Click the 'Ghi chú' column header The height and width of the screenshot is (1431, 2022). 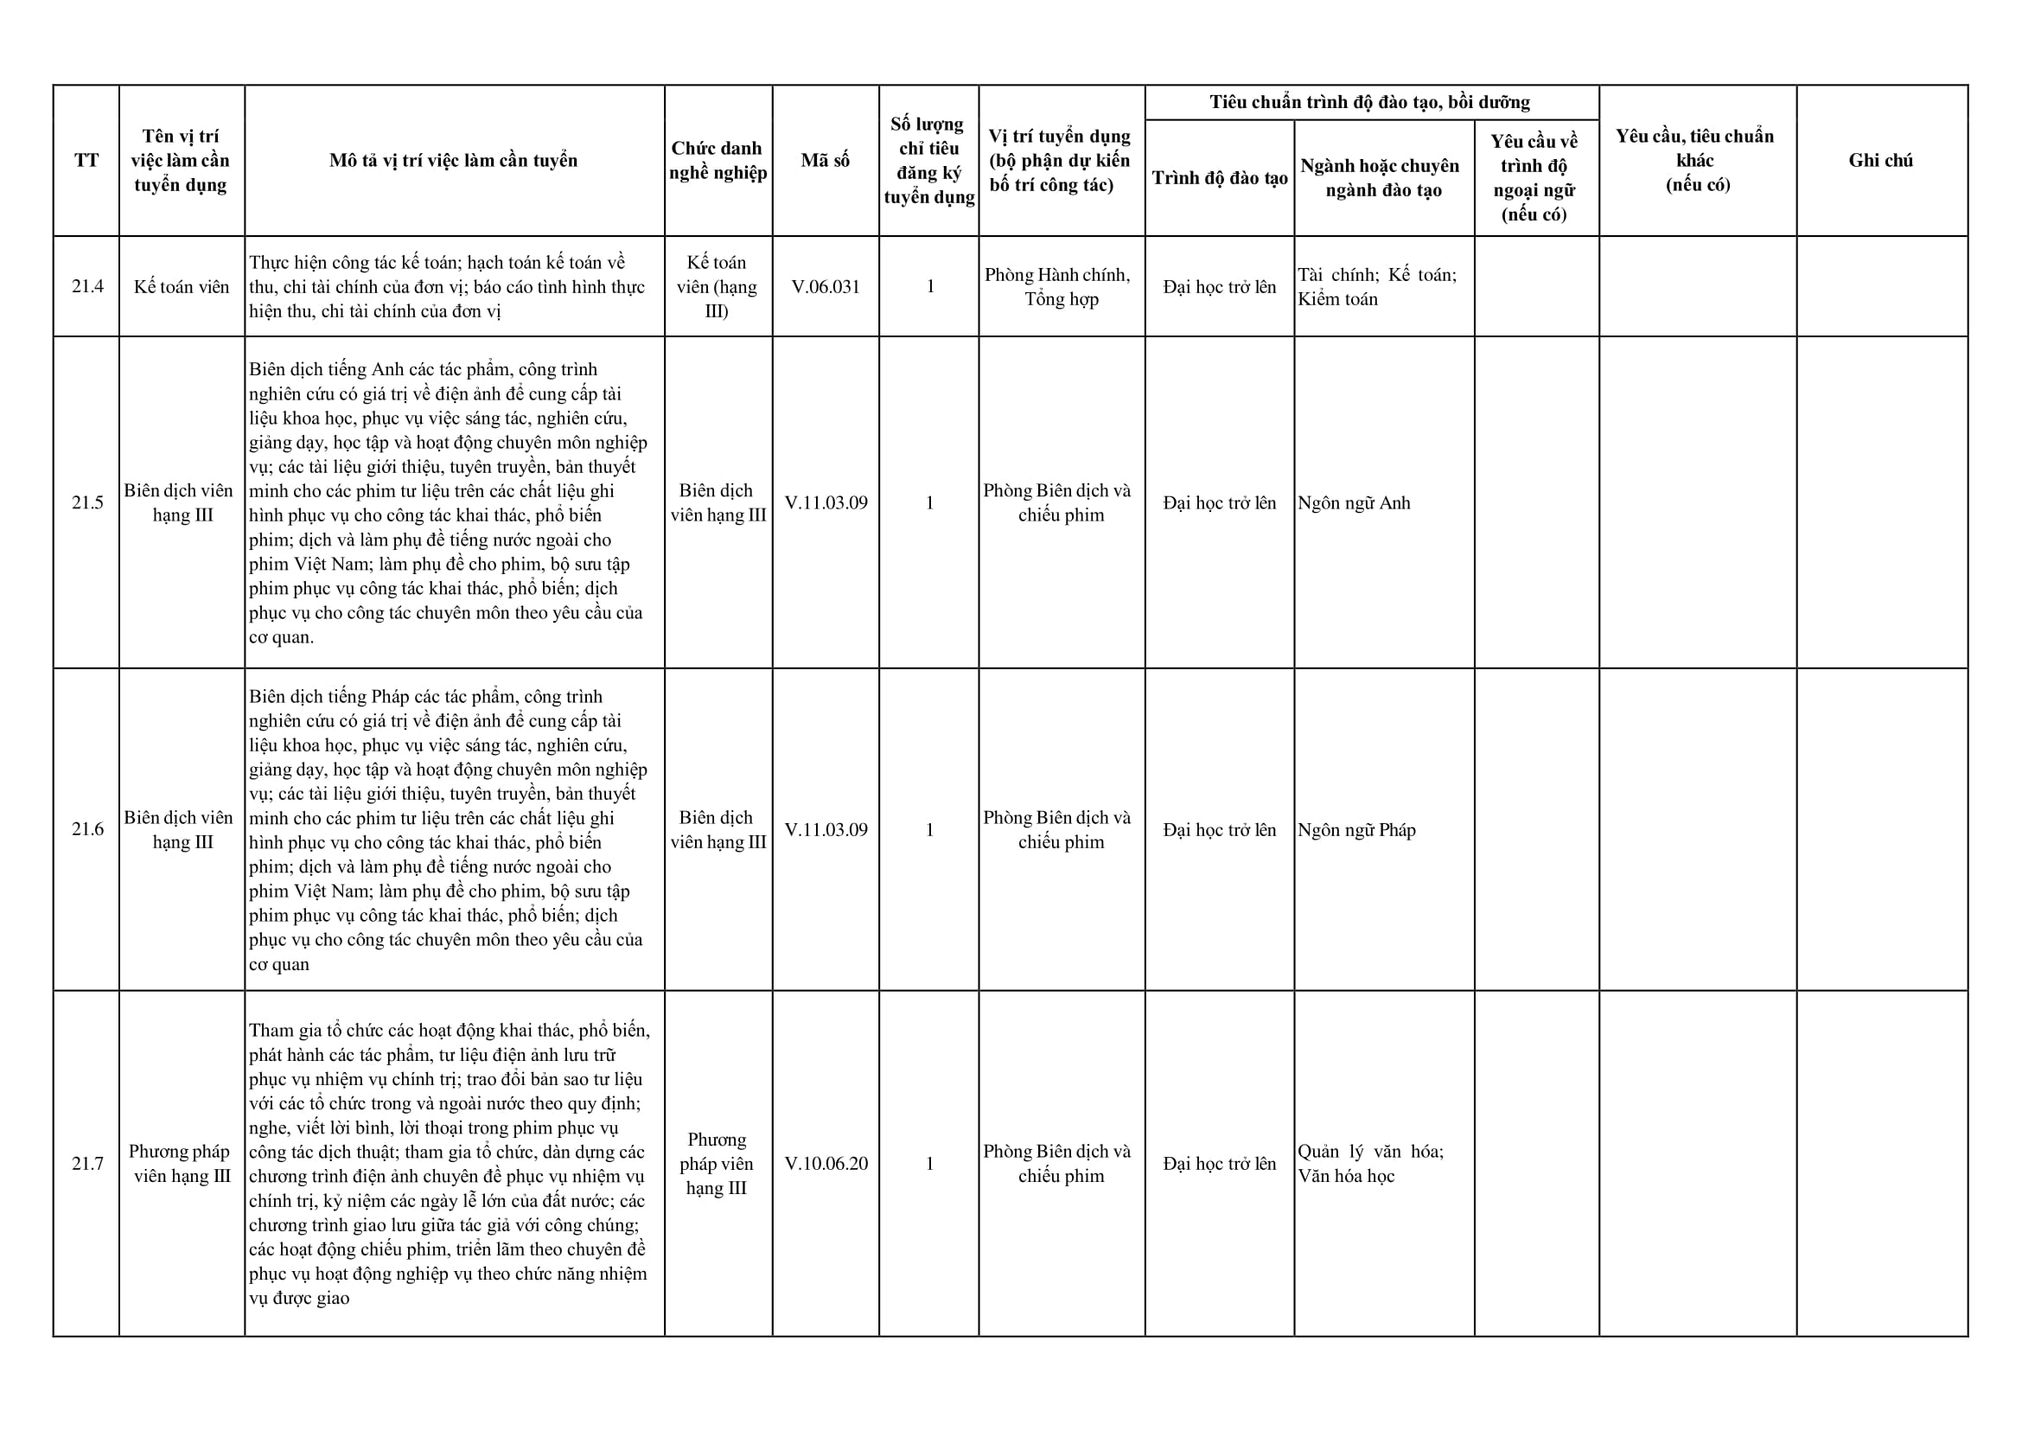click(1880, 160)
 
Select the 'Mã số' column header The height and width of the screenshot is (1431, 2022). click(825, 160)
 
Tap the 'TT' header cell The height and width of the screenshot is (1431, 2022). click(86, 160)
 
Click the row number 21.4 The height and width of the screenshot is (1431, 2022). click(87, 286)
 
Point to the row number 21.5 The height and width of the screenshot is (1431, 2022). click(87, 502)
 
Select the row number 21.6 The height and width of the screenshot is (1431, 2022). click(87, 829)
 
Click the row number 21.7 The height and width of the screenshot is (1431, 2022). click(87, 1163)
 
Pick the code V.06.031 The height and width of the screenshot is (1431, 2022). click(826, 286)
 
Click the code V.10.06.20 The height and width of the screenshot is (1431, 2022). click(826, 1163)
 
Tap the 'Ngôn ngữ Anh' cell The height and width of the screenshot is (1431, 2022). click(1353, 502)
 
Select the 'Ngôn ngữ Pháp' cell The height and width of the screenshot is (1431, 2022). click(1356, 830)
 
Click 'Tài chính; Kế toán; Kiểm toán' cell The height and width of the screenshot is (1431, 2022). click(1376, 286)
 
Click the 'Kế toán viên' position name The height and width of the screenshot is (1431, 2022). click(182, 286)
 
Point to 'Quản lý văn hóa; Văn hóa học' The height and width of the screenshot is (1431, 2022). click(1370, 1163)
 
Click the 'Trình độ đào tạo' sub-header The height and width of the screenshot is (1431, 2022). click(1220, 178)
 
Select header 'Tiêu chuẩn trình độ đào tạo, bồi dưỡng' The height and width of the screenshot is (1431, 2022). click(1370, 102)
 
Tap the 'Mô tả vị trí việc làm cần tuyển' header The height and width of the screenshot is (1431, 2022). click(454, 160)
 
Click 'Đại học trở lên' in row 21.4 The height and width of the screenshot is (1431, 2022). click(1220, 286)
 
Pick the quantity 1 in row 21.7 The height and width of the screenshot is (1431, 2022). click(929, 1163)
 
